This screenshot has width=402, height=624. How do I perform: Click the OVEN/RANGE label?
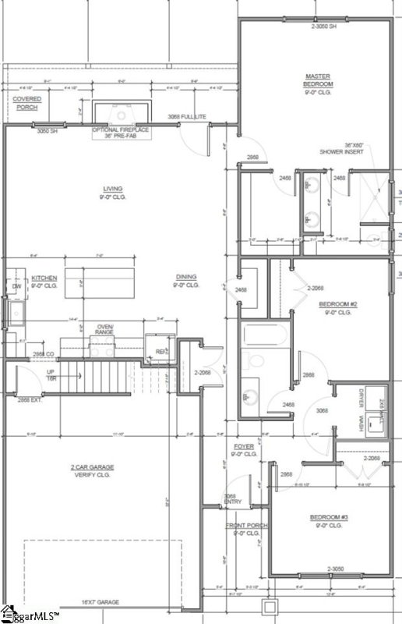coord(104,328)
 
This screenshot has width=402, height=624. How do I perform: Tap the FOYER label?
coord(244,450)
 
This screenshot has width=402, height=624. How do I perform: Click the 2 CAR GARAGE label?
coord(92,471)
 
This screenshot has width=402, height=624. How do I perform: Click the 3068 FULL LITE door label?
coord(187,117)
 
